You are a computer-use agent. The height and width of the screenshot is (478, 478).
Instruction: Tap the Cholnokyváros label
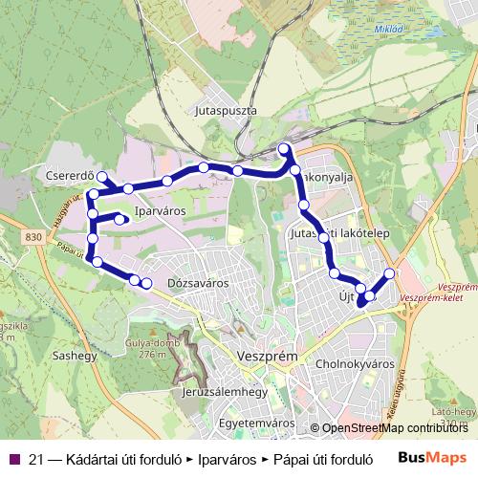(355, 364)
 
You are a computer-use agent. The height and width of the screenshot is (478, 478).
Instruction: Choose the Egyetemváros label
(256, 421)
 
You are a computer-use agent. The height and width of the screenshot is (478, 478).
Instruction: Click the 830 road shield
(34, 237)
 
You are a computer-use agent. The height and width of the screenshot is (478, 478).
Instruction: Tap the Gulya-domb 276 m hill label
(146, 349)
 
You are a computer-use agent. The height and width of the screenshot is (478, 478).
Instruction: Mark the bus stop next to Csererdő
(101, 176)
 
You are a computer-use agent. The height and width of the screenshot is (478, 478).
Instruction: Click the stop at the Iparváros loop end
(121, 220)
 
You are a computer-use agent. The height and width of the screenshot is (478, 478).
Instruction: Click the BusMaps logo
(433, 457)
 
